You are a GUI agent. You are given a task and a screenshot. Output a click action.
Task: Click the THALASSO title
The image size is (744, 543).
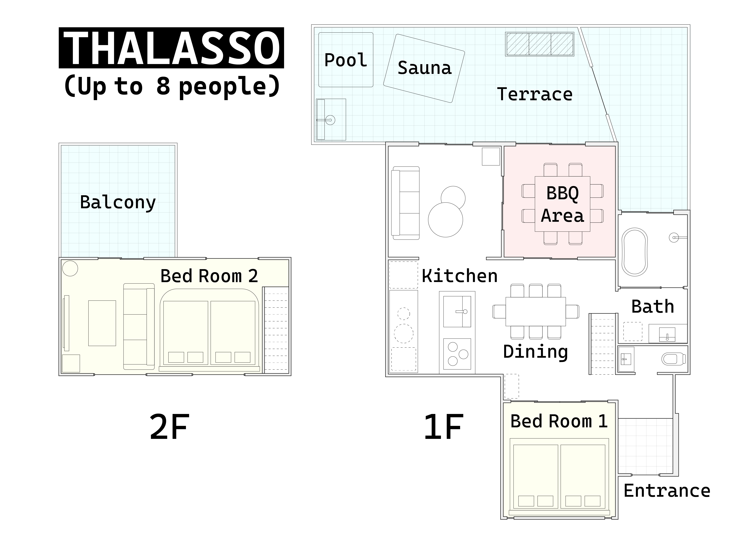coord(171,48)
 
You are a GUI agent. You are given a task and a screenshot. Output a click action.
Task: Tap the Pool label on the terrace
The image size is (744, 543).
coord(346,60)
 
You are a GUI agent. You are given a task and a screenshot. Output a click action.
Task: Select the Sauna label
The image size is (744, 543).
coord(424,68)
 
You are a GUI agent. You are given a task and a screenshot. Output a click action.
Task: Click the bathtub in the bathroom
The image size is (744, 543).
coord(635,252)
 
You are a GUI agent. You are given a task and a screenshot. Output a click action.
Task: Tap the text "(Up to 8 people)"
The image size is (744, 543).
coord(172,86)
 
